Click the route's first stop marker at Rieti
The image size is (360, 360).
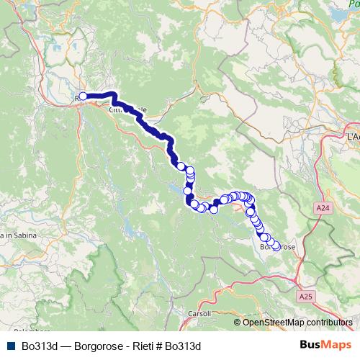tap(83, 96)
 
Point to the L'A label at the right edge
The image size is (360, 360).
tap(352, 136)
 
